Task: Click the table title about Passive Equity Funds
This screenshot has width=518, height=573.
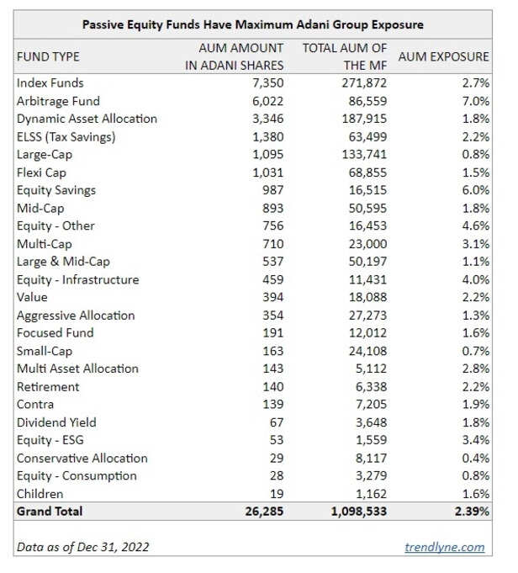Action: [x=252, y=24]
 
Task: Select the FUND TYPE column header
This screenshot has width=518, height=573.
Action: [x=48, y=56]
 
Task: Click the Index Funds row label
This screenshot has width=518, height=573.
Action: [x=50, y=83]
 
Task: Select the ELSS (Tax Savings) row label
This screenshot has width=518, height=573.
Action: [x=66, y=136]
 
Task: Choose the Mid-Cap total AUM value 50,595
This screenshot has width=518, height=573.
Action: [x=367, y=208]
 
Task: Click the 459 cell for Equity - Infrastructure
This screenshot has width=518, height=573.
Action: [x=274, y=279]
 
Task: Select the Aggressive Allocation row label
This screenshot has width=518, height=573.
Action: [x=75, y=316]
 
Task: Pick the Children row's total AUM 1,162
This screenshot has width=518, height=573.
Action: [x=370, y=494]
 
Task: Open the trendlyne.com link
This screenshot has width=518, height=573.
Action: [x=445, y=547]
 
